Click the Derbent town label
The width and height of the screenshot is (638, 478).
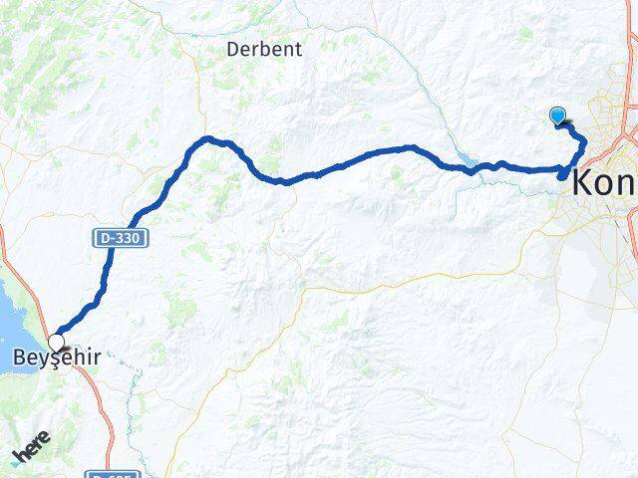[264, 48]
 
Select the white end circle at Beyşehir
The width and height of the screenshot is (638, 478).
[56, 343]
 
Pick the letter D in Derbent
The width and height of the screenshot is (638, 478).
[233, 48]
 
